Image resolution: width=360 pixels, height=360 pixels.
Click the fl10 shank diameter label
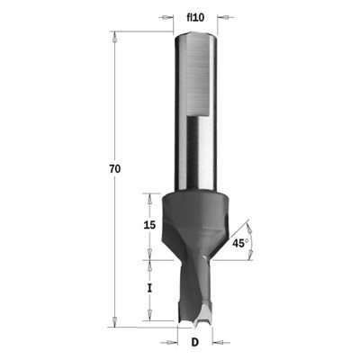(x=195, y=18)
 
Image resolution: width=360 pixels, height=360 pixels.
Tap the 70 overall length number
(x=114, y=169)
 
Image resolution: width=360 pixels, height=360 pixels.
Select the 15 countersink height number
(x=149, y=225)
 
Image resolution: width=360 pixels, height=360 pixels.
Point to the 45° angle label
(x=240, y=243)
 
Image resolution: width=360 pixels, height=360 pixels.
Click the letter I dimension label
(x=149, y=289)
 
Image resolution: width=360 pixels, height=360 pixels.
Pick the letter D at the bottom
(x=195, y=342)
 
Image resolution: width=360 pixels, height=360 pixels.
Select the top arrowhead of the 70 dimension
(x=114, y=37)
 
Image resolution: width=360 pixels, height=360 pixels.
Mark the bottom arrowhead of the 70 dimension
(x=114, y=320)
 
